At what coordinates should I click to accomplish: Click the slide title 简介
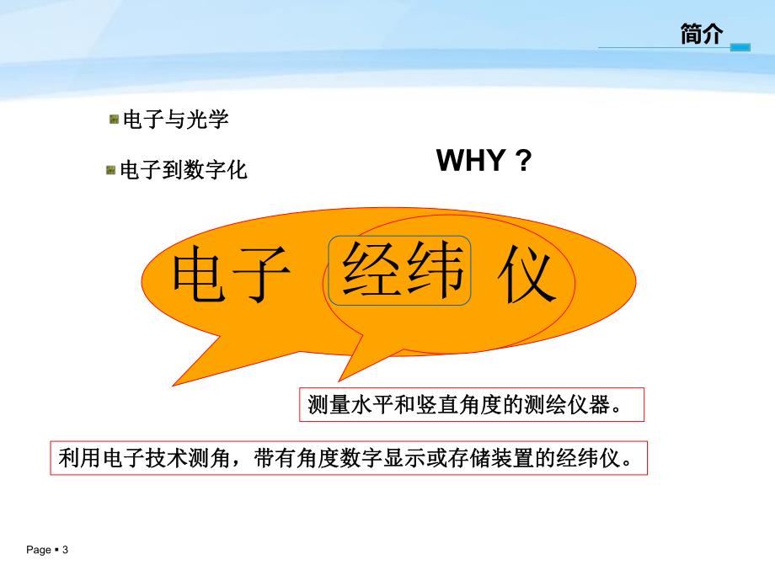click(x=701, y=34)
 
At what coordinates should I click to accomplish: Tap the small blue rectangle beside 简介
click(x=740, y=48)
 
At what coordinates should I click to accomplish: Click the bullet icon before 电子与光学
click(x=113, y=120)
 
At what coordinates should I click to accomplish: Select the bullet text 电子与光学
click(x=175, y=120)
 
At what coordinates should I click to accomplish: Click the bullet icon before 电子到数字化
click(x=110, y=170)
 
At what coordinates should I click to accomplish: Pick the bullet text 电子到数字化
click(x=184, y=170)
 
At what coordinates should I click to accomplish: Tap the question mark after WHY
click(x=524, y=160)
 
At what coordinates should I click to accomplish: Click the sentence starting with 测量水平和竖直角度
click(x=471, y=405)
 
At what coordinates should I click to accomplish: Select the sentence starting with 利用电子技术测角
click(x=345, y=458)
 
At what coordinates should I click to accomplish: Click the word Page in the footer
click(x=39, y=550)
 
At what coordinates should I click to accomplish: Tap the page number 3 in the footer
click(x=65, y=550)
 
